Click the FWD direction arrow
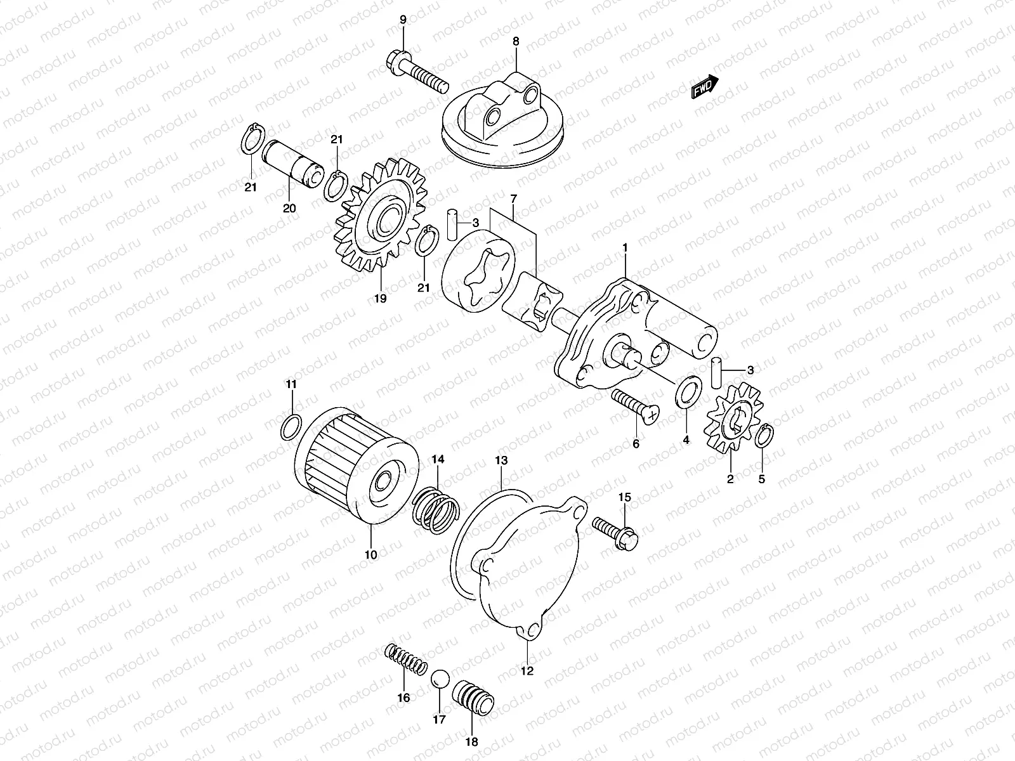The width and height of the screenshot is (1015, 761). point(704,88)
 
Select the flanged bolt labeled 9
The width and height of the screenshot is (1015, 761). point(416,74)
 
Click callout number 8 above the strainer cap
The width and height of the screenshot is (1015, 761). point(516,41)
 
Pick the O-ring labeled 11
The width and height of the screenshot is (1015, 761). point(290,427)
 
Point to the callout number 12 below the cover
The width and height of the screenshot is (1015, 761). point(528,670)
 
